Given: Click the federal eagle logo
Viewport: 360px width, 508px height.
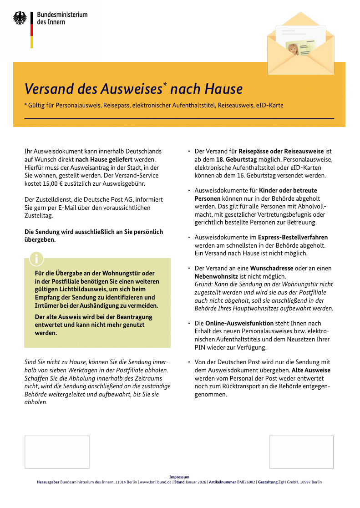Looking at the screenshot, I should point(20,18).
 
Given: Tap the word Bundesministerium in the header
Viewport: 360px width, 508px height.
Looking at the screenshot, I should point(62,15).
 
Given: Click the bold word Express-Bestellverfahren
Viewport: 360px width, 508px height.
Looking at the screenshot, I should point(293,237).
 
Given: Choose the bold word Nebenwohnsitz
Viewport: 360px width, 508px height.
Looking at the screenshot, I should point(216,276).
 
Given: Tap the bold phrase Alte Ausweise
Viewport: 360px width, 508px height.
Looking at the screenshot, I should point(311,370).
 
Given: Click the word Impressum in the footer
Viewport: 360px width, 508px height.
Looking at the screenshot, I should point(179,477).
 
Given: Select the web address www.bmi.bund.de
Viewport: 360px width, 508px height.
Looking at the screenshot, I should point(155,482).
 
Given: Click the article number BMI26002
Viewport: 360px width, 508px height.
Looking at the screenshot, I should point(246,482).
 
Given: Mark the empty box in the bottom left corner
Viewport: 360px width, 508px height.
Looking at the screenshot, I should point(57,452).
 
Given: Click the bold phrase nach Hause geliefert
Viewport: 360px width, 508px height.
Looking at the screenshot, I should point(104,159).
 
